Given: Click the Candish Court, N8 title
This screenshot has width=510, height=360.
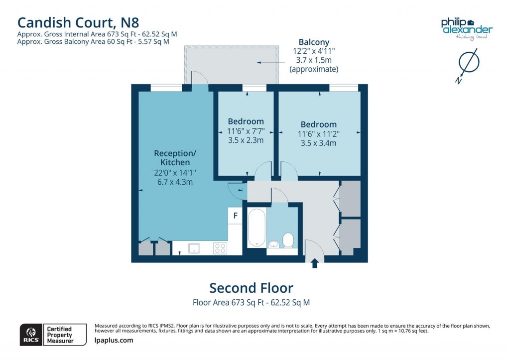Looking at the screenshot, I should coord(78,22).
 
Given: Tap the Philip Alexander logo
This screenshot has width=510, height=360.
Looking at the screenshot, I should coord(466,27).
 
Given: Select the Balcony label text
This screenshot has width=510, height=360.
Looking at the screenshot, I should coord(314,42).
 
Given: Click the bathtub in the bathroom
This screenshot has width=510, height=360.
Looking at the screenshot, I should coord(256,228).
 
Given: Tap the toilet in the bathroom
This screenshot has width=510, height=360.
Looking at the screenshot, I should coord(288,240).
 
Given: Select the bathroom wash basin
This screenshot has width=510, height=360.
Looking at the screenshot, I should coord(273,244).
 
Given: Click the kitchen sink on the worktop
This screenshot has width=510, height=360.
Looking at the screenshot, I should coord(194,247).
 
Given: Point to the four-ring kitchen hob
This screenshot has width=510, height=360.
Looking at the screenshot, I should coord(220,247).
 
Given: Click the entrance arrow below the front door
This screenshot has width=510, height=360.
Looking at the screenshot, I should coord(315,263).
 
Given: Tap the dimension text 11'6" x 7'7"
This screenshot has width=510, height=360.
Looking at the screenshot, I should coord(246,131).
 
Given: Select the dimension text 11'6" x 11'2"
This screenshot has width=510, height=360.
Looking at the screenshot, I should coord(318,134).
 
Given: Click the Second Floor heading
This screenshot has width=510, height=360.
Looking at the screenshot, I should coord(251,288).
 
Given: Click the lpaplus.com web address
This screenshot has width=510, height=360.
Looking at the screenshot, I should coord(114,341).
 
